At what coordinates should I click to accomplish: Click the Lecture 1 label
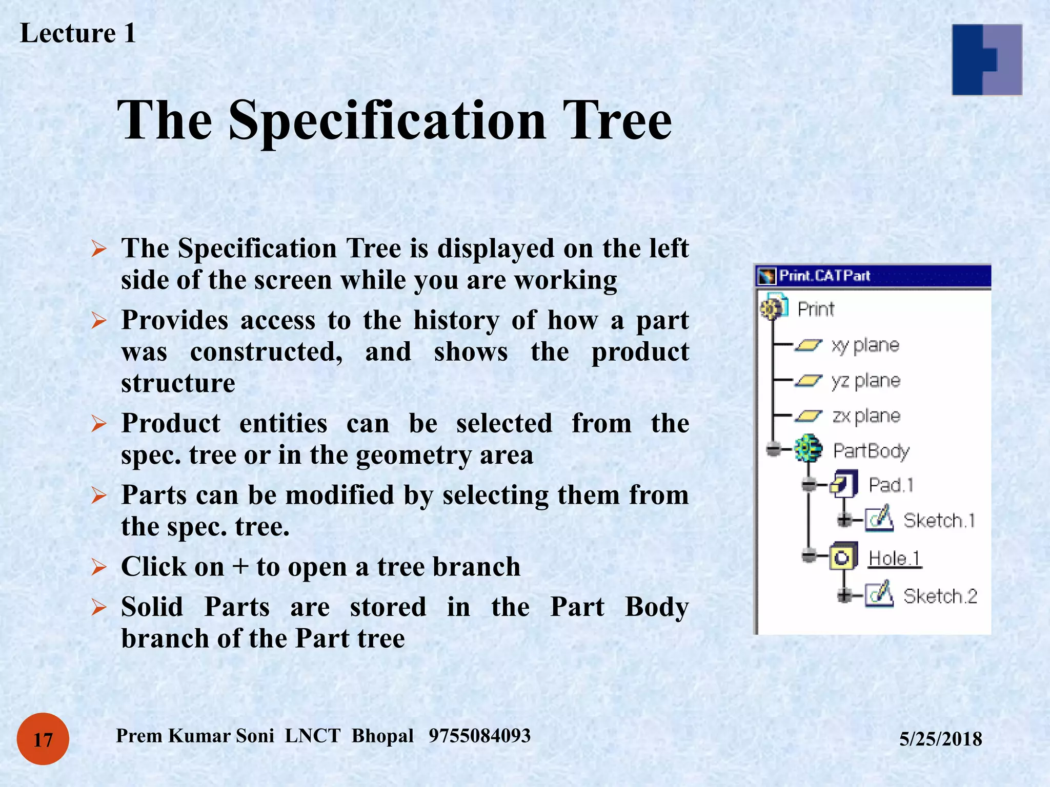tap(78, 34)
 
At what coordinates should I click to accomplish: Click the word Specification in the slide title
tap(387, 121)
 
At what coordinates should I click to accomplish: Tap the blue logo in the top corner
tap(986, 59)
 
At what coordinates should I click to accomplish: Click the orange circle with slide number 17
tap(43, 739)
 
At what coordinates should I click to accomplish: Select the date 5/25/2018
tap(940, 739)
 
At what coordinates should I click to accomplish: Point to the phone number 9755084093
tap(479, 736)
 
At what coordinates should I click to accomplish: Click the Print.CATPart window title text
tap(824, 276)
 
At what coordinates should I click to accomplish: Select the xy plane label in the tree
tap(865, 345)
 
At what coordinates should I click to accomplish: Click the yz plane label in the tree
tap(865, 381)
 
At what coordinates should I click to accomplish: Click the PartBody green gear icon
tap(808, 449)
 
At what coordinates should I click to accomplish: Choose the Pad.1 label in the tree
tap(891, 485)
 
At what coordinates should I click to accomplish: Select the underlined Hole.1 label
tap(895, 558)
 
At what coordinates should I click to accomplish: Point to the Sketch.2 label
tap(940, 596)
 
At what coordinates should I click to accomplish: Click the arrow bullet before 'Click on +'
tap(98, 567)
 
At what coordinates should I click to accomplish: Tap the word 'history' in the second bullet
tap(456, 321)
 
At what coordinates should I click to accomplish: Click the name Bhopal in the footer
tap(382, 736)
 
